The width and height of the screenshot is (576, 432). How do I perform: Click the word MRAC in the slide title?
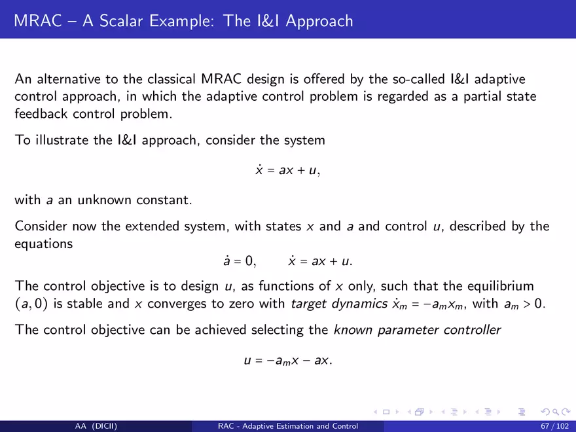coord(38,20)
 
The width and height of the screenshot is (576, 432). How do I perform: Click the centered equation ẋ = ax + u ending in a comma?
coord(287,170)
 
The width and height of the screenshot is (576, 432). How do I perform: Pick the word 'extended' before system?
coord(152,226)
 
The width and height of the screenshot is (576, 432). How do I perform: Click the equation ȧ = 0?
coord(239,261)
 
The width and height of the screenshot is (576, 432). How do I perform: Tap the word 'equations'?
coord(44,244)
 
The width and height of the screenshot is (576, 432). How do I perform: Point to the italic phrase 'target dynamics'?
coord(339,304)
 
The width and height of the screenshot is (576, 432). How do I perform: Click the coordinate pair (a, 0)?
coord(31,304)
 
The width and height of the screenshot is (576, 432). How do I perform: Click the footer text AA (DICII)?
coord(96,426)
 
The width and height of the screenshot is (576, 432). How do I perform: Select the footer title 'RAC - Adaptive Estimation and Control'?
coord(288,426)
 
